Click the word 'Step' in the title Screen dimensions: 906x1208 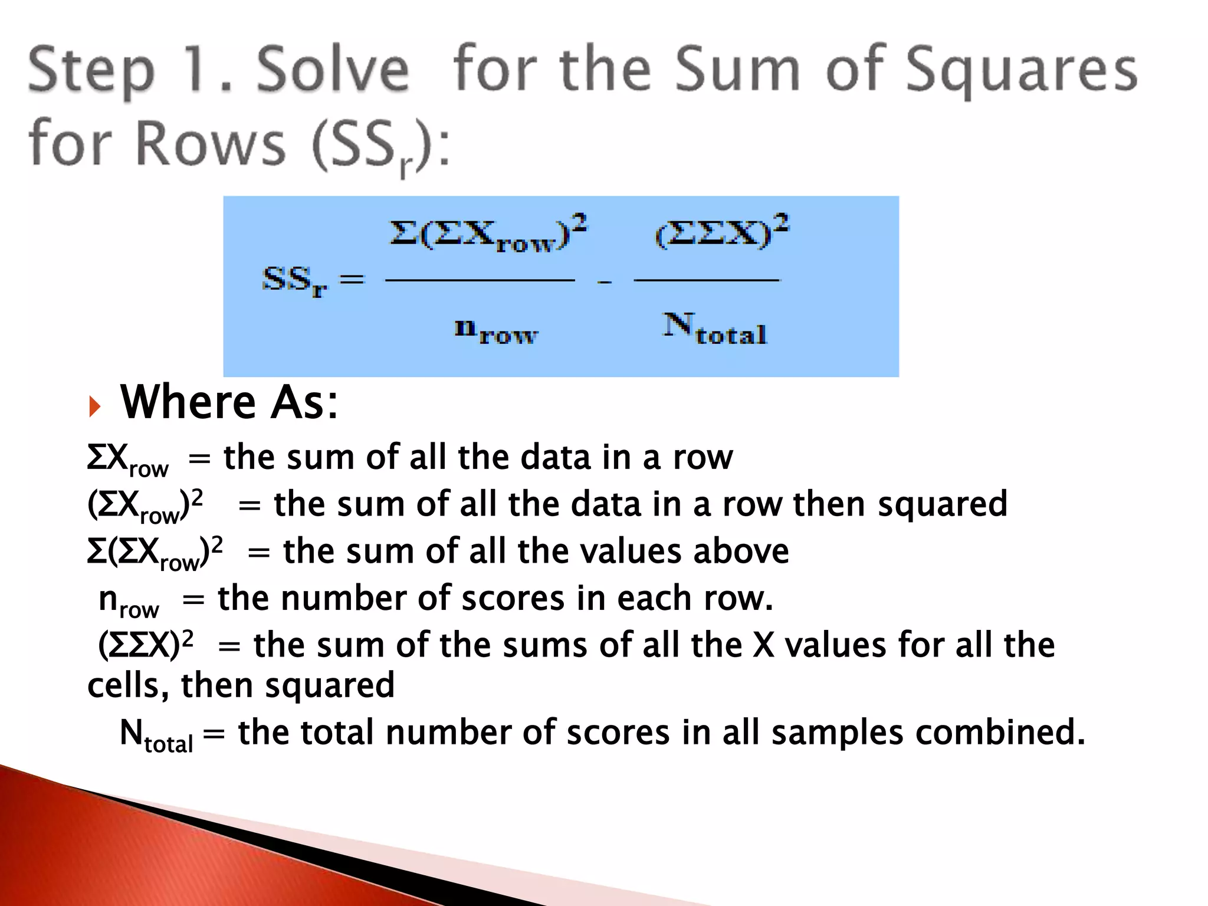click(91, 73)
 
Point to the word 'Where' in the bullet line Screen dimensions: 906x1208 click(188, 402)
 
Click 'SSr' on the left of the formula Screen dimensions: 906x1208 click(294, 281)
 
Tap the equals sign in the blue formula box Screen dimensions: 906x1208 click(352, 278)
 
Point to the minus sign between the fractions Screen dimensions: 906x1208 click(604, 283)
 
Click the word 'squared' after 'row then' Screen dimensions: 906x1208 click(942, 504)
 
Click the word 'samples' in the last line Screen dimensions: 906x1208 click(837, 733)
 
